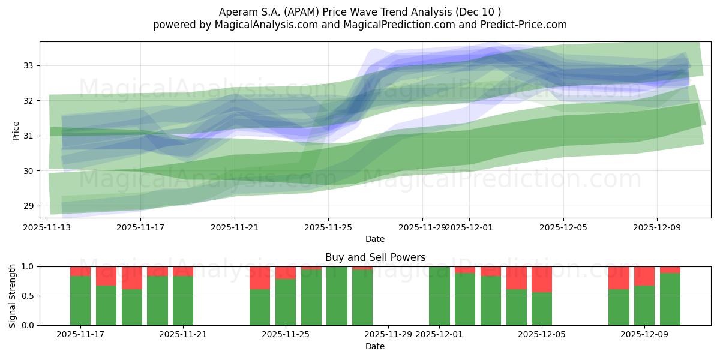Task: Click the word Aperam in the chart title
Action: coord(238,12)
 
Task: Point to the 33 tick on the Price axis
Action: coord(28,65)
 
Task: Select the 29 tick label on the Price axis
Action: coord(28,206)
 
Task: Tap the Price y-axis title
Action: coord(16,130)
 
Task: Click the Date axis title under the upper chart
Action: coord(375,239)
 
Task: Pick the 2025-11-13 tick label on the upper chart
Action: coord(47,227)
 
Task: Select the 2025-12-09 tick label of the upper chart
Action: coord(656,227)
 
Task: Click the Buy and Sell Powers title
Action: coord(375,257)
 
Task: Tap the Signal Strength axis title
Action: coord(13,295)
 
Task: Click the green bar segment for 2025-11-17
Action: coord(80,300)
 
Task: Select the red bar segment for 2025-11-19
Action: coord(132,278)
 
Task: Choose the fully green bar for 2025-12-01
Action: coord(439,296)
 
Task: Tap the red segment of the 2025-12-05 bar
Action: coord(542,279)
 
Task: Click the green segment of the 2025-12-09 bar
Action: coord(644,305)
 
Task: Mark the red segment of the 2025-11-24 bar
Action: coord(260,278)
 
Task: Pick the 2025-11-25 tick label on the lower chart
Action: coord(286,335)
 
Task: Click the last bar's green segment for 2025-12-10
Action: coord(670,299)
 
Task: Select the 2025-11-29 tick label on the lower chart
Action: coord(388,335)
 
